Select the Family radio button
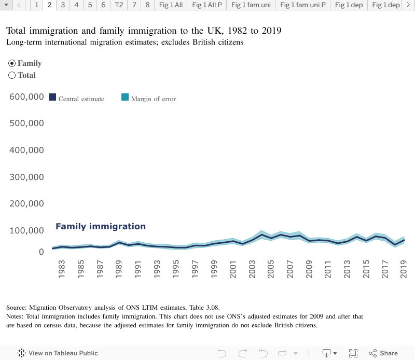pos(12,63)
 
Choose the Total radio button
pos(12,75)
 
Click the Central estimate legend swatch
pos(52,97)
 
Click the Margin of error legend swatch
pos(125,97)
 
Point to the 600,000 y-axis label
pos(26,97)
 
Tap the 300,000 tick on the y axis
pos(26,177)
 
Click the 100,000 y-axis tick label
pos(26,230)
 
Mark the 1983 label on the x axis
pos(62,271)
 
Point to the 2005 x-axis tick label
pos(271,271)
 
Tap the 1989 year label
pos(119,271)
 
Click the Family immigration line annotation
pos(101,227)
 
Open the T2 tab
pos(119,5)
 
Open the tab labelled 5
pos(90,5)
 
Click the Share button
pos(383,353)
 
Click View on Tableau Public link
pos(58,353)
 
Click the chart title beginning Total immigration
pos(144,31)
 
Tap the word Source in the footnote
pos(17,308)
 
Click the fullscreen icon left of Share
pos(353,353)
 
